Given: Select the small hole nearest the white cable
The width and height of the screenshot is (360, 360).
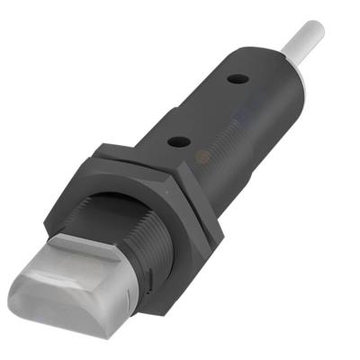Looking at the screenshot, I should tap(238, 79).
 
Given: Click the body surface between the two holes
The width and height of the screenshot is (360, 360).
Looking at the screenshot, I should tap(210, 109).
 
